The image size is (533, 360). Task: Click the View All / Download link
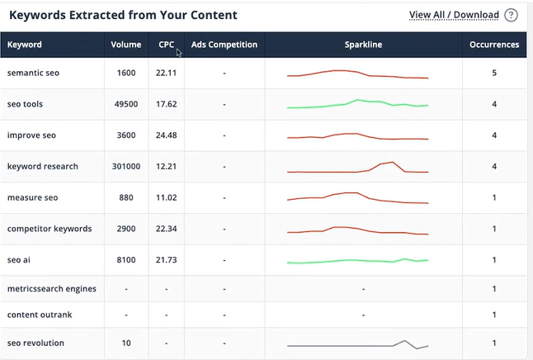454,15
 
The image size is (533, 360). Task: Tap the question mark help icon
512,15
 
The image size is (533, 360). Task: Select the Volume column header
126,45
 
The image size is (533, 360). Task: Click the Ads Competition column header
224,45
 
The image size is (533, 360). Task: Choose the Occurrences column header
494,45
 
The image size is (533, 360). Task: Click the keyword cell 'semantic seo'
34,73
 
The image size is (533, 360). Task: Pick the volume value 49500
126,105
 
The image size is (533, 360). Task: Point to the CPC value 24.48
167,135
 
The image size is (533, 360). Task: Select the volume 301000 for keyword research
126,167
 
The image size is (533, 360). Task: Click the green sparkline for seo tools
358,105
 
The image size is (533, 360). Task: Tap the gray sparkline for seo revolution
358,343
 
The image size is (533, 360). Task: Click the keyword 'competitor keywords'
50,229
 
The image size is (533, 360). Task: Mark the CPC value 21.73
167,260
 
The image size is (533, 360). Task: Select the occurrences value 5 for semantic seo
494,73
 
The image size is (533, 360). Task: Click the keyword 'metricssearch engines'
52,289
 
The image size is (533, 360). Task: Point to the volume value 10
126,343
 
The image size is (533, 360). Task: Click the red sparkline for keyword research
358,168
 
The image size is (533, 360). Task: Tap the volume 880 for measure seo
126,198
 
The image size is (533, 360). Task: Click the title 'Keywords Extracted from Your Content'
123,15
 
